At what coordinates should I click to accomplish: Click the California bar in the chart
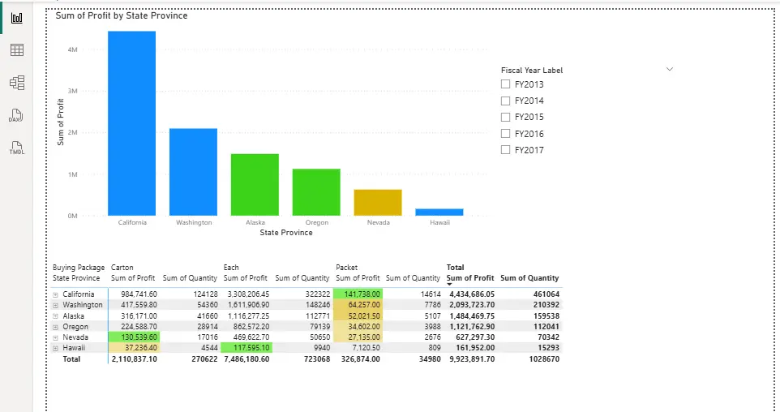tap(131, 122)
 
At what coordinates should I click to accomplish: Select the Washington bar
tap(193, 171)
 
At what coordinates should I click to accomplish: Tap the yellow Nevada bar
tap(378, 202)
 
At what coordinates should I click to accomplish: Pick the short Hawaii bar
tap(439, 212)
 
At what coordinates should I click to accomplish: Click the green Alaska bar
tap(255, 184)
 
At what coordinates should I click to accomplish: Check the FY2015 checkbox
tap(506, 117)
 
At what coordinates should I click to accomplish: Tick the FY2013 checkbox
tap(506, 84)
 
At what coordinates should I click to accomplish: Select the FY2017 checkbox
tap(506, 150)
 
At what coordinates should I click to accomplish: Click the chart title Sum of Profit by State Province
tap(122, 15)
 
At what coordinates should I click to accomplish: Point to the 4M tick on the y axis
tap(72, 49)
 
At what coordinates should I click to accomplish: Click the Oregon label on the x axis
tap(316, 222)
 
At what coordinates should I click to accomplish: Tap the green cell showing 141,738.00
tap(358, 294)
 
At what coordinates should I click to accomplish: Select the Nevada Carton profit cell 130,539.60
tap(134, 337)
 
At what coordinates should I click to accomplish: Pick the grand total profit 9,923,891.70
tap(470, 358)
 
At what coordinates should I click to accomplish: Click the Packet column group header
tap(346, 267)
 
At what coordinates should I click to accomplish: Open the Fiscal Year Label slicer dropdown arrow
tap(670, 70)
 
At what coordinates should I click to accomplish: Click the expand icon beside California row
tap(56, 294)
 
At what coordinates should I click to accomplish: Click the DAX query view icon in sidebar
tap(16, 116)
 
